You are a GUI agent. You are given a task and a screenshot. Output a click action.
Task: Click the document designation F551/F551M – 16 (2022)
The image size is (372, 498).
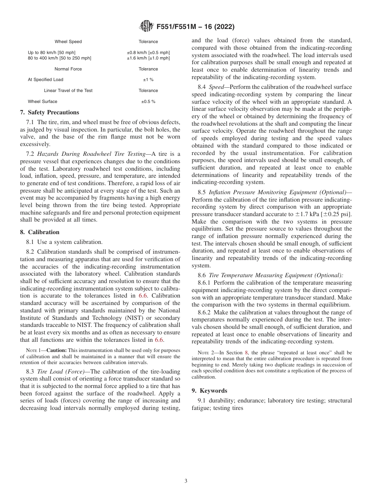tap(195, 27)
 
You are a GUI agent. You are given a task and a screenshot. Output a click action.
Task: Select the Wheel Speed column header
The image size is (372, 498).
tap(68, 41)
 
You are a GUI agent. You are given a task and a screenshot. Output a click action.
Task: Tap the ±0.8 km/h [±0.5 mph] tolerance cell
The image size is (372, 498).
tap(148, 52)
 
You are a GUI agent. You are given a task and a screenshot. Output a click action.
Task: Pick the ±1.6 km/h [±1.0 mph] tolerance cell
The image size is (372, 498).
tap(148, 58)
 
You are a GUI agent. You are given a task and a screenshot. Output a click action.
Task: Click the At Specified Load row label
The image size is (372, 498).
tap(45, 79)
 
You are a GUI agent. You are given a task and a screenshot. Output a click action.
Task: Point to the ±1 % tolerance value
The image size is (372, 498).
tap(148, 79)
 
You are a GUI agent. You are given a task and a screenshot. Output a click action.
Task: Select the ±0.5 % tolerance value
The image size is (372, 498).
tap(148, 101)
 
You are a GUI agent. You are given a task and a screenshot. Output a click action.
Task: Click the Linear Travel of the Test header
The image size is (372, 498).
tap(68, 90)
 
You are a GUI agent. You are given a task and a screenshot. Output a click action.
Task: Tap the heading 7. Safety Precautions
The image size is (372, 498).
tap(49, 112)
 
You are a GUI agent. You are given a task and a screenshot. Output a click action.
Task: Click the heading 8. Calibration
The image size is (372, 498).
tap(40, 232)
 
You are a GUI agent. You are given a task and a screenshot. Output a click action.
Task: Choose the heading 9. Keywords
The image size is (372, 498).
tap(209, 391)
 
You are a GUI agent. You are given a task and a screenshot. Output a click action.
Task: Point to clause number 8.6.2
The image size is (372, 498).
tap(206, 312)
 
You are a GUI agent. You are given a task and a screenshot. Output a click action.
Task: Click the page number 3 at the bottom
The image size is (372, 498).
tap(186, 481)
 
